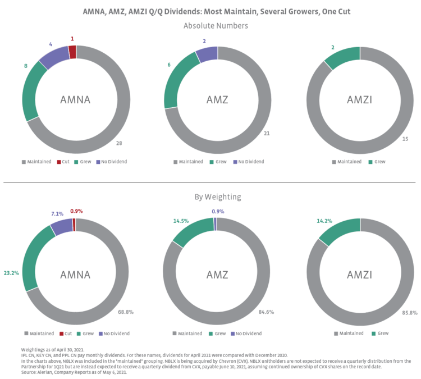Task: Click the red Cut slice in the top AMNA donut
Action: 73,52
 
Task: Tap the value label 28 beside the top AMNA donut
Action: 119,143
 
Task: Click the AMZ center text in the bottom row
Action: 217,275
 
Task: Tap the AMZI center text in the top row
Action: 360,99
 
